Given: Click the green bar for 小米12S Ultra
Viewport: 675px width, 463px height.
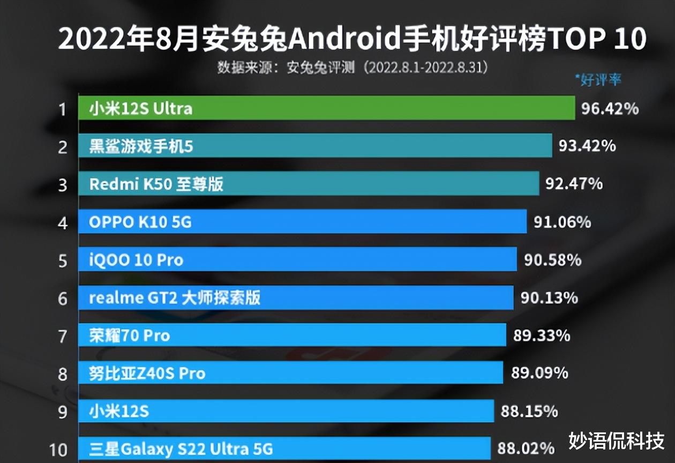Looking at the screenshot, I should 327,109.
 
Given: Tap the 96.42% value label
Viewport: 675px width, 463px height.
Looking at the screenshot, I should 610,109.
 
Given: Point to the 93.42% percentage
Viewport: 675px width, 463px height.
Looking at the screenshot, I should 587,146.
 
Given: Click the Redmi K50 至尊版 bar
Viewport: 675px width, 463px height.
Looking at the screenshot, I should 309,184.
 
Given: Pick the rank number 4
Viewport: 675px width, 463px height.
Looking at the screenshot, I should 63,223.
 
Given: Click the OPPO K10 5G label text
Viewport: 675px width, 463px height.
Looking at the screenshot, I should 140,222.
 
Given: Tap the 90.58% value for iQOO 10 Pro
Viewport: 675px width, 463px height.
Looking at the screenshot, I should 553,260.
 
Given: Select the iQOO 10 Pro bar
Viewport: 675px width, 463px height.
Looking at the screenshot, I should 297,260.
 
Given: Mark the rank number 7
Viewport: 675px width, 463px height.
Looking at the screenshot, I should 63,337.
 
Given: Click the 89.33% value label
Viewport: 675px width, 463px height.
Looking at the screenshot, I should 542,336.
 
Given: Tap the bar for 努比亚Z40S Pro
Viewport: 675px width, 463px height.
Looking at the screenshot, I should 290,373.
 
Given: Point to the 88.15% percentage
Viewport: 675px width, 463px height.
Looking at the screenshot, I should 529,411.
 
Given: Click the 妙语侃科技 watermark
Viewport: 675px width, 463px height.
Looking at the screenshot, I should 616,440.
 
